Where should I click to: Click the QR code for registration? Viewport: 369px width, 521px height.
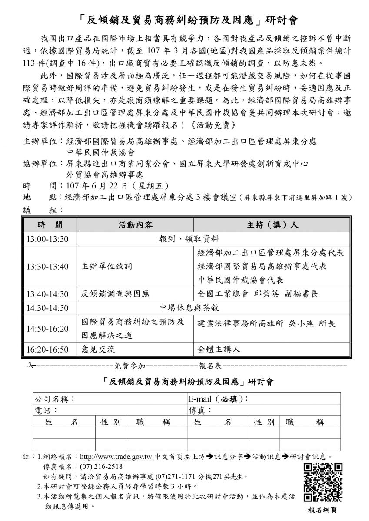click(x=323, y=482)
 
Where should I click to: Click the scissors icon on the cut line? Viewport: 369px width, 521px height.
click(x=30, y=365)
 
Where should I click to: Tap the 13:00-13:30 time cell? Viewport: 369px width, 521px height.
click(x=48, y=238)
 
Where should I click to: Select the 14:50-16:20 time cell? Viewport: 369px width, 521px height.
click(x=48, y=329)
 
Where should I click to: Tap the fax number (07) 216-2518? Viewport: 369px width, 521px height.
click(x=98, y=467)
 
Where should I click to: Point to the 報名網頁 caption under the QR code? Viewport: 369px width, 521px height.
click(x=323, y=511)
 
